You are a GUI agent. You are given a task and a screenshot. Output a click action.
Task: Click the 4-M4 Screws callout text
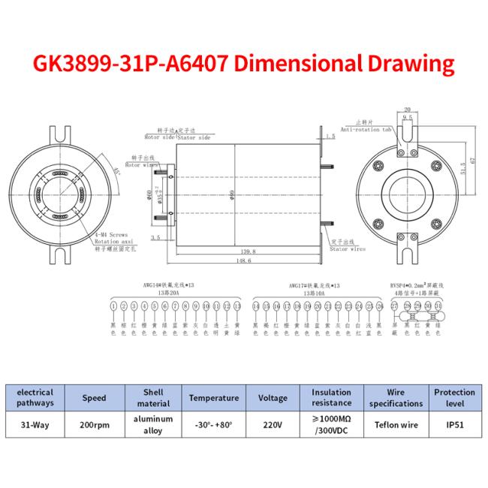111,236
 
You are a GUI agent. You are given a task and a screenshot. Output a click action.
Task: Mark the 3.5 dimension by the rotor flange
155,237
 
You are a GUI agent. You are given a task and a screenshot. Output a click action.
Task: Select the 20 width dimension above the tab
407,110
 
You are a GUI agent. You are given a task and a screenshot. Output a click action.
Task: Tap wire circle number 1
113,306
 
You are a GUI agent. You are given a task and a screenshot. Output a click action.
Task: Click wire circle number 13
236,306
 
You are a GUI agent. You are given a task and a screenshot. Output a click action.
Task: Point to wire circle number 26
380,306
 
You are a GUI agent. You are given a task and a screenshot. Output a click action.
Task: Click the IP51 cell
454,424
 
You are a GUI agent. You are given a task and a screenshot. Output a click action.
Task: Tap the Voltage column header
273,398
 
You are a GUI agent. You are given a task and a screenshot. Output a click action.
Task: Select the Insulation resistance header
331,398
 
